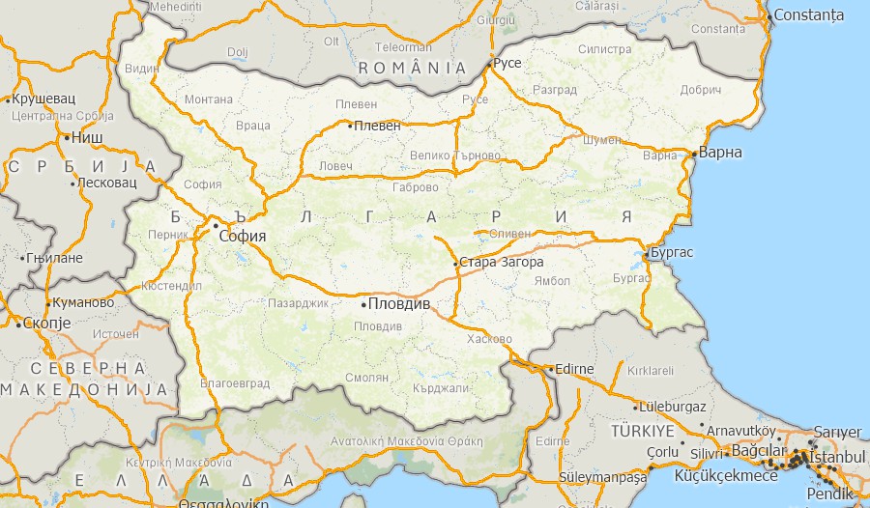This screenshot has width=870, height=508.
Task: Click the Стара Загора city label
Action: pyautogui.click(x=502, y=262)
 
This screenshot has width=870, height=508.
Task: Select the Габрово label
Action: pyautogui.click(x=416, y=187)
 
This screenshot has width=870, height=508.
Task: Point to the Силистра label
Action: pyautogui.click(x=604, y=49)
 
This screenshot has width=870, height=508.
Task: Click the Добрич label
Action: pyautogui.click(x=701, y=90)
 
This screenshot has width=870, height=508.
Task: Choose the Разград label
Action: pyautogui.click(x=555, y=90)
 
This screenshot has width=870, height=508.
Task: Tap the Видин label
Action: pyautogui.click(x=142, y=69)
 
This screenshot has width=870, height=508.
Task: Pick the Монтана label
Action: pyautogui.click(x=209, y=99)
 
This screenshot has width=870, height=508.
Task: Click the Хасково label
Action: pyautogui.click(x=488, y=339)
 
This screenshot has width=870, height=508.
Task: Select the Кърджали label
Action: pyautogui.click(x=439, y=387)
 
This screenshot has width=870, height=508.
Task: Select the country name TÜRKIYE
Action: pyautogui.click(x=642, y=430)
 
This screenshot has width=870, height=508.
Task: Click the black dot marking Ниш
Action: pyautogui.click(x=67, y=137)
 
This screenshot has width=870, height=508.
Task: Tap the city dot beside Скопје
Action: pyautogui.click(x=18, y=324)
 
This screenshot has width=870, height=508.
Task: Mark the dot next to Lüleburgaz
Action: pyautogui.click(x=636, y=407)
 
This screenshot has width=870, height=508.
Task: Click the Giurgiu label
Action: pyautogui.click(x=496, y=19)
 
